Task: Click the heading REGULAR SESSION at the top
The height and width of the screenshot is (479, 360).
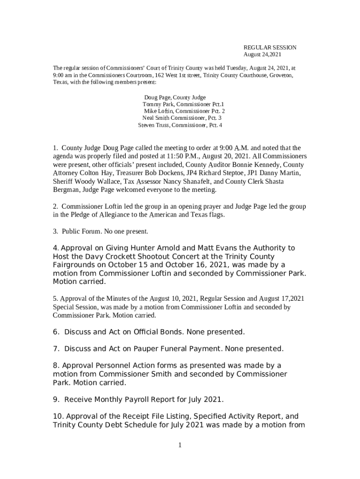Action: tap(270, 48)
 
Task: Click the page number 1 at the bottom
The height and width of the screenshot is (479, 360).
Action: tap(180, 445)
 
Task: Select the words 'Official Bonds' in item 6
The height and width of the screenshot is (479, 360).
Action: tap(160, 332)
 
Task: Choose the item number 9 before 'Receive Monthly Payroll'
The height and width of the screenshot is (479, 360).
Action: tap(56, 399)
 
